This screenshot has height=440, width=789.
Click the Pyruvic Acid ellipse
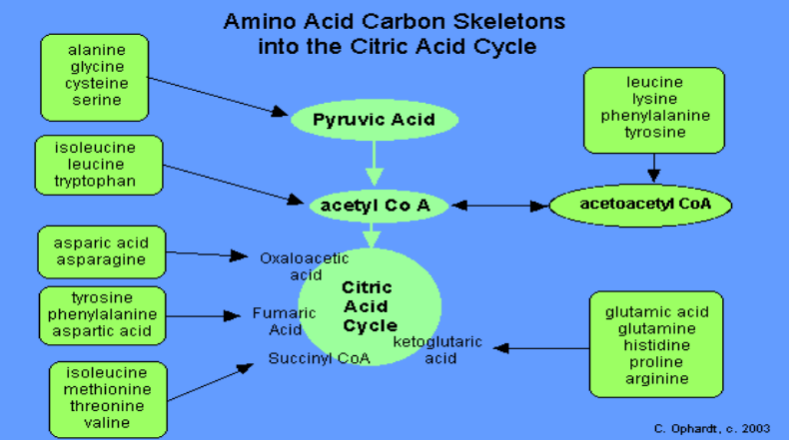pos(374,121)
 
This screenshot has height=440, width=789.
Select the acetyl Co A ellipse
pos(373,205)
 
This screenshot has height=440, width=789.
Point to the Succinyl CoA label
pos(318,357)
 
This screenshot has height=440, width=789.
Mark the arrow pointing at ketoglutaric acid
pos(540,348)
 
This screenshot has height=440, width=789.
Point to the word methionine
pos(99,389)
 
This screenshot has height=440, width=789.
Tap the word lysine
pos(653,99)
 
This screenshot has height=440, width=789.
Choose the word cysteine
pos(95,83)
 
